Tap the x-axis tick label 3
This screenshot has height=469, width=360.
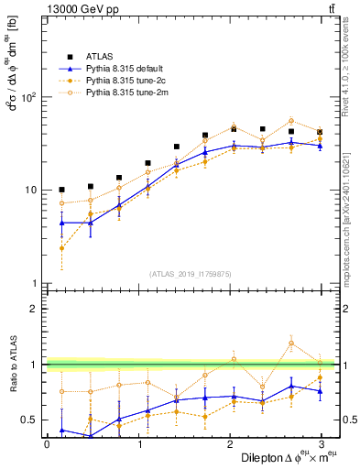pyautogui.click(x=321, y=443)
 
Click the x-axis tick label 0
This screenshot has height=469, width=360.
pyautogui.click(x=47, y=443)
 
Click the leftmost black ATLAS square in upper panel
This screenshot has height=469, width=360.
pyautogui.click(x=61, y=190)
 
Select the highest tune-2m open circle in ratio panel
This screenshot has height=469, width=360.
pyautogui.click(x=291, y=344)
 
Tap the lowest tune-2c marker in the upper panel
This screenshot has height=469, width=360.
pyautogui.click(x=61, y=248)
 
